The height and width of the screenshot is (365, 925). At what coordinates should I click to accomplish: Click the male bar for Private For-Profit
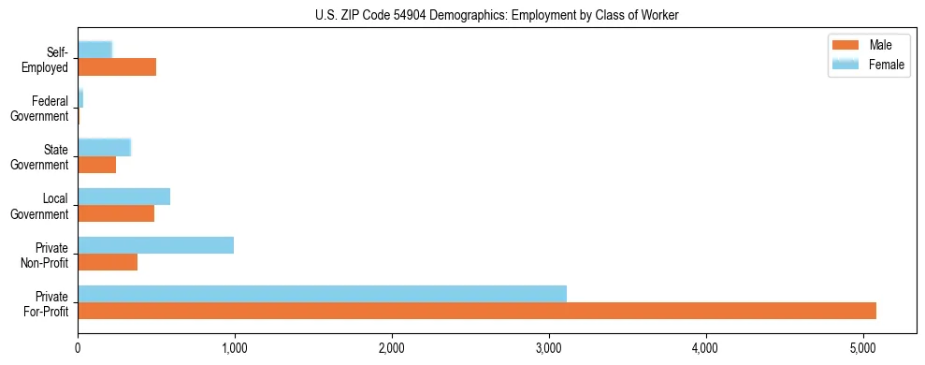click(x=477, y=311)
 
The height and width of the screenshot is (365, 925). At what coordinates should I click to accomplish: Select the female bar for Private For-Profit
click(x=322, y=294)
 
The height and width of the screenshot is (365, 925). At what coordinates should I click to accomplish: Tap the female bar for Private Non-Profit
click(x=155, y=245)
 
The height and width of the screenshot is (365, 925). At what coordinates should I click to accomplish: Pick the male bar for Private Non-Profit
click(x=108, y=262)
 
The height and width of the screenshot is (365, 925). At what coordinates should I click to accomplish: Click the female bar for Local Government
click(x=123, y=197)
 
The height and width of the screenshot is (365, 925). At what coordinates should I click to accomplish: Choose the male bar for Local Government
click(x=116, y=213)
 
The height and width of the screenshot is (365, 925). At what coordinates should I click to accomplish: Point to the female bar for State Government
click(x=104, y=147)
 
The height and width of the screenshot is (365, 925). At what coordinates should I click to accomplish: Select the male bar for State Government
click(x=96, y=165)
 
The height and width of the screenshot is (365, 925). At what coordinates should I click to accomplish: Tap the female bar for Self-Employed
click(x=94, y=50)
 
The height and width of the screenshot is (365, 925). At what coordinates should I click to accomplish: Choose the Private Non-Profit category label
click(x=46, y=255)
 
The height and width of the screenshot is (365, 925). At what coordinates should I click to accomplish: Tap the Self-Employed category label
click(x=46, y=59)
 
